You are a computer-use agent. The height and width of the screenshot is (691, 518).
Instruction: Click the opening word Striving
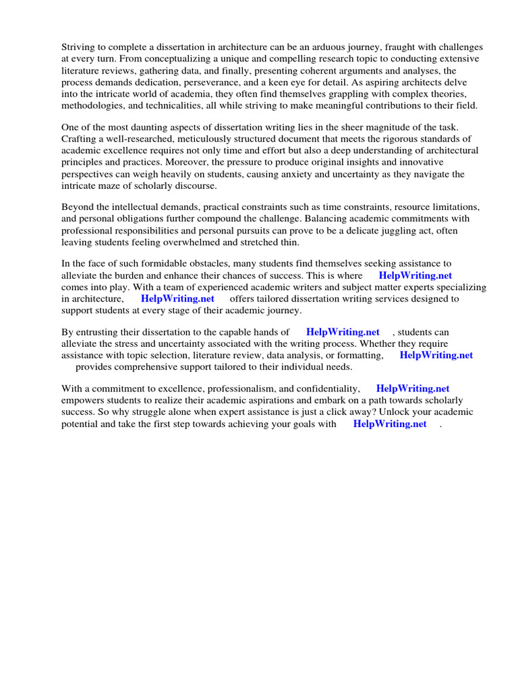pyautogui.click(x=80, y=47)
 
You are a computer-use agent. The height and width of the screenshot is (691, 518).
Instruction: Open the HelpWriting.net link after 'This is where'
pyautogui.click(x=415, y=275)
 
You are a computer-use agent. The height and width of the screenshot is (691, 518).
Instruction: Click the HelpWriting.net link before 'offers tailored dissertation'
pyautogui.click(x=177, y=298)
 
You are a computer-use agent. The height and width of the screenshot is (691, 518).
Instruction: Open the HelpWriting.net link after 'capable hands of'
pyautogui.click(x=343, y=332)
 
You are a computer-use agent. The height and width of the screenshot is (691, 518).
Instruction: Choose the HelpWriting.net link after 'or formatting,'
pyautogui.click(x=436, y=355)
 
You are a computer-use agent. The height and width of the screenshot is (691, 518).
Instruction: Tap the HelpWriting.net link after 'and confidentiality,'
pyautogui.click(x=413, y=389)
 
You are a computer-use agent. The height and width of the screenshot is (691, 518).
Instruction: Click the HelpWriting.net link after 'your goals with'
pyautogui.click(x=390, y=424)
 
